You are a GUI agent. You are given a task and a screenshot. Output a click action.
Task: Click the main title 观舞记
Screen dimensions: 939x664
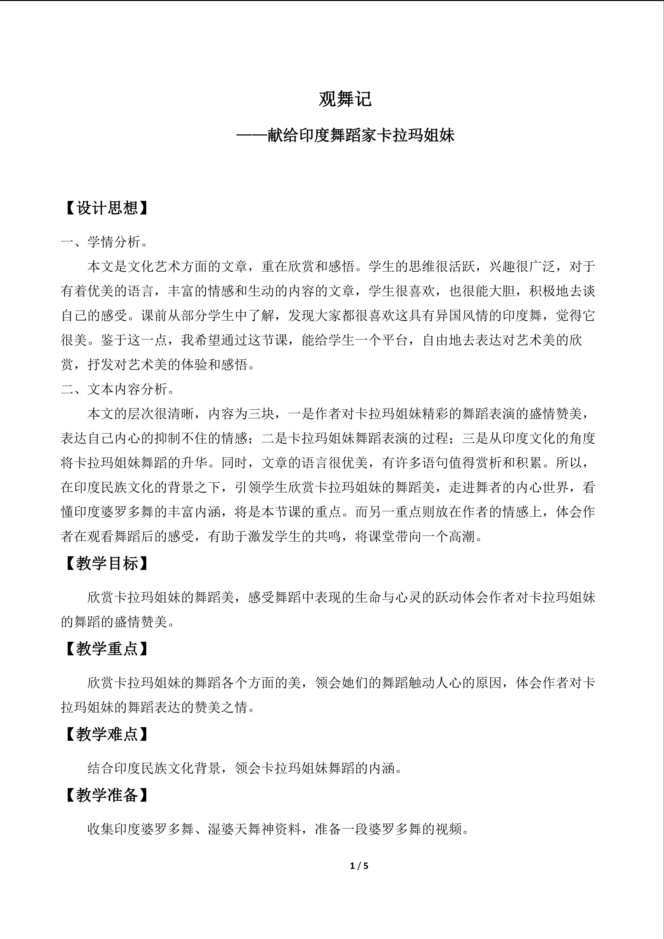point(345,99)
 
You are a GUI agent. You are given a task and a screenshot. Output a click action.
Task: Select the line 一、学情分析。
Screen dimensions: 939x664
point(105,242)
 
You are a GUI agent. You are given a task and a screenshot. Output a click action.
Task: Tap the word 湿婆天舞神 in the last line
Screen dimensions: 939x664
point(241,829)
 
